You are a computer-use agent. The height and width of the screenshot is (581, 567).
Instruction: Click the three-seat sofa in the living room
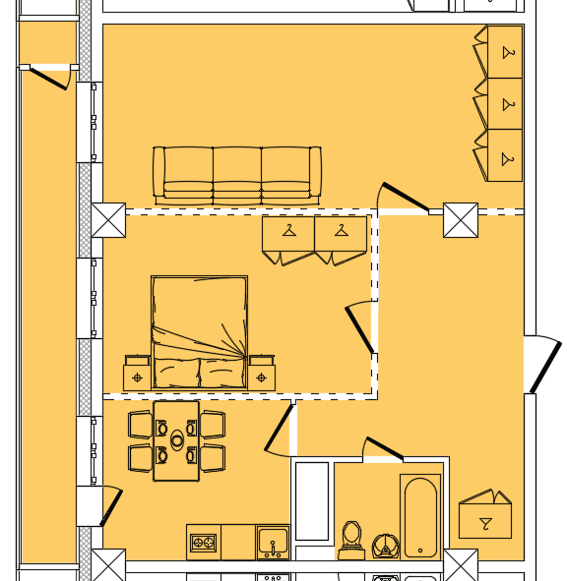point(236,175)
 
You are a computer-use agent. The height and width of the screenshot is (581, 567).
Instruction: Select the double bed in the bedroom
point(199,332)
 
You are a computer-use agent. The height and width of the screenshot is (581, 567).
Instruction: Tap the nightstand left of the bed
point(137,375)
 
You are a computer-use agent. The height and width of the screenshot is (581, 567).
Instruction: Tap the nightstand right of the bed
point(261,375)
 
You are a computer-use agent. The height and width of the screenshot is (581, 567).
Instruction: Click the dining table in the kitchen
point(176,440)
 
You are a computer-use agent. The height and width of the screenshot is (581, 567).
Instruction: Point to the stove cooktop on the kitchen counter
point(204,542)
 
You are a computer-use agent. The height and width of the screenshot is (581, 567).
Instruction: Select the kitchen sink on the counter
point(273,542)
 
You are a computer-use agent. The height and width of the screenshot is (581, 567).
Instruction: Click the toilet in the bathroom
point(351,539)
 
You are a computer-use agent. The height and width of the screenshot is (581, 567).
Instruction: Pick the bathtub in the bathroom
point(420,517)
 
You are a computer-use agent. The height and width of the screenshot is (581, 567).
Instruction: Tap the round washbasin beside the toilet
point(385,545)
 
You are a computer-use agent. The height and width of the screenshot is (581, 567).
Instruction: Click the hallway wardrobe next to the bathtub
point(484,517)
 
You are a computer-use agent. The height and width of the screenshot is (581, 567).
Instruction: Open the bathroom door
point(383,449)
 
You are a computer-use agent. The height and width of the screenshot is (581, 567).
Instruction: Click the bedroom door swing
point(360,328)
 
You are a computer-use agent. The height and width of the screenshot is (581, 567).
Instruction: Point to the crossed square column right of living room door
point(460,220)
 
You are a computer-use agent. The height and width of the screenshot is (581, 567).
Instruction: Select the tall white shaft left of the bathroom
point(312,501)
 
